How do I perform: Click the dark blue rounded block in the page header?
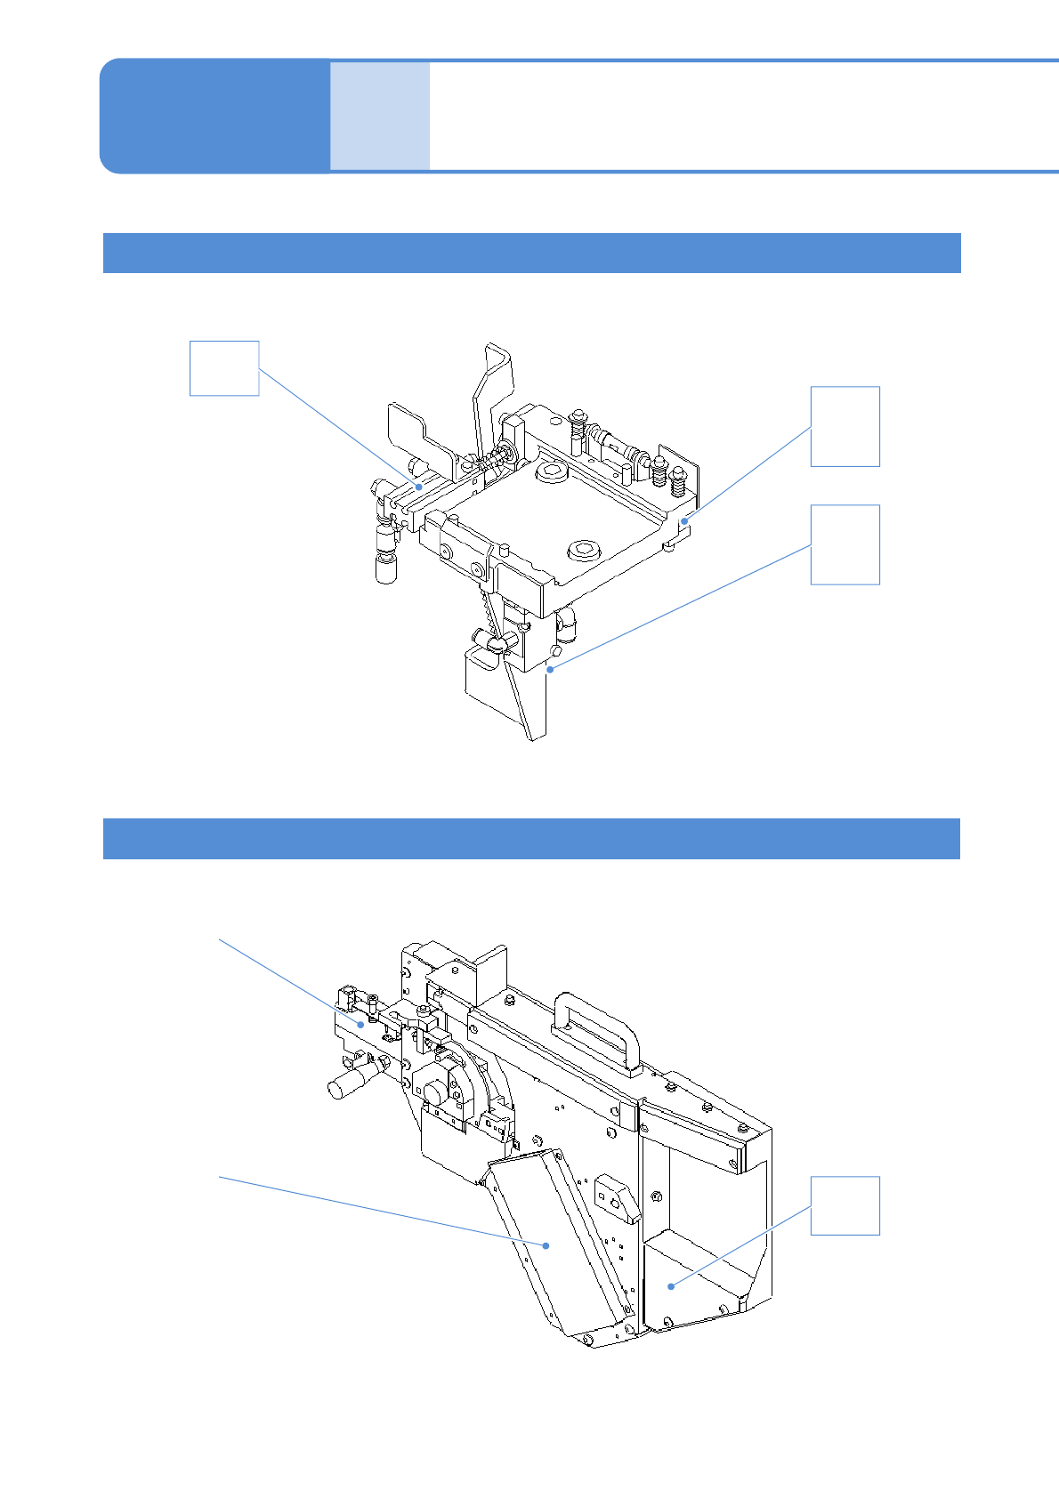(x=214, y=116)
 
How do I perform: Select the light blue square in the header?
(x=380, y=116)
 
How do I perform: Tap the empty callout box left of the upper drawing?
(x=224, y=368)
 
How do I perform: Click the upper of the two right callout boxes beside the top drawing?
(x=845, y=426)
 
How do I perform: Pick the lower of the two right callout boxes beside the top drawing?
(x=845, y=544)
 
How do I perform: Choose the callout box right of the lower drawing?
(x=845, y=1205)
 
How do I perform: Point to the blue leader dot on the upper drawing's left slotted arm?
(x=418, y=487)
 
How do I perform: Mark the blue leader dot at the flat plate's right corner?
(x=684, y=520)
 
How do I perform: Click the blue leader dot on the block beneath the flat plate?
(x=551, y=669)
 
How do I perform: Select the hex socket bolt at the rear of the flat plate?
(x=550, y=471)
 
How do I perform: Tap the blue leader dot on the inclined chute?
(x=547, y=1245)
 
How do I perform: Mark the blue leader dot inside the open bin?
(x=671, y=1286)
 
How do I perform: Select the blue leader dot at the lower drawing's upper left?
(x=361, y=1024)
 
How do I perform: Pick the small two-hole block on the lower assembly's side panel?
(x=615, y=1196)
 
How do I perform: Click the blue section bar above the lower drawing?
(x=531, y=839)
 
